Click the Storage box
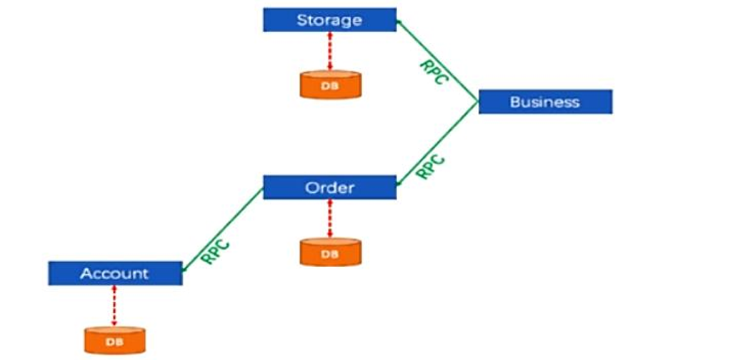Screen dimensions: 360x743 pyautogui.click(x=329, y=20)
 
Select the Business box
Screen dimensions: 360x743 pyautogui.click(x=545, y=101)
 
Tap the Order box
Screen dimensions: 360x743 pyautogui.click(x=329, y=187)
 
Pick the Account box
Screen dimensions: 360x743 pyautogui.click(x=115, y=273)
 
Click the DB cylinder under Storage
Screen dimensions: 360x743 pyautogui.click(x=329, y=85)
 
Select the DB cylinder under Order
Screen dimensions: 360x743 pyautogui.click(x=329, y=253)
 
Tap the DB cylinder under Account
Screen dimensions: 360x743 pyautogui.click(x=115, y=341)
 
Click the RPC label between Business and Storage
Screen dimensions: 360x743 pyautogui.click(x=432, y=72)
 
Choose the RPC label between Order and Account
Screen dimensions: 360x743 pyautogui.click(x=215, y=252)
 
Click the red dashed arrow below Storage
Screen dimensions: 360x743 pyautogui.click(x=329, y=51)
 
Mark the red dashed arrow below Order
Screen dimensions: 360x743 pyautogui.click(x=329, y=219)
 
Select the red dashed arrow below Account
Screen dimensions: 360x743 pyautogui.click(x=115, y=305)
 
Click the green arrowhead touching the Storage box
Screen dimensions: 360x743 pyautogui.click(x=400, y=24)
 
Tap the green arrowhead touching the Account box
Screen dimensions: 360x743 pyautogui.click(x=185, y=269)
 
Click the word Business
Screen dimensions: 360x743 pyautogui.click(x=545, y=101)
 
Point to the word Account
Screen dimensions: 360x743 pyautogui.click(x=115, y=273)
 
